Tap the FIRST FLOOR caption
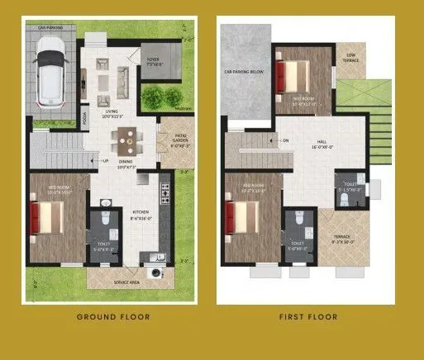tap(307, 316)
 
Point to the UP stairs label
tap(105, 161)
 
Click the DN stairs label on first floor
tap(285, 140)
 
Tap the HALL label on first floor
tap(321, 143)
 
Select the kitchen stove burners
tap(164, 194)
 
